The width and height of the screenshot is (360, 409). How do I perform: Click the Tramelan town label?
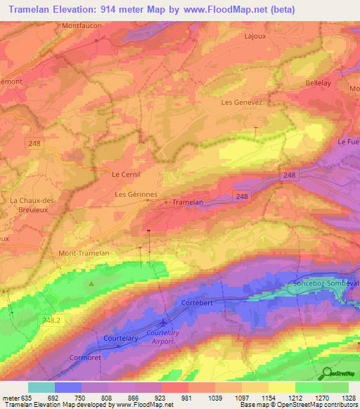[x=188, y=202]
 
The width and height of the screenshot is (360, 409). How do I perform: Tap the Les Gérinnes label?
[x=136, y=193]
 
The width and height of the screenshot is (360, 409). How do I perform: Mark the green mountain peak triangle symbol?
[x=91, y=283]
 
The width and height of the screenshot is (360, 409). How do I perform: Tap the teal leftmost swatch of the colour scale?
[x=41, y=387]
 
